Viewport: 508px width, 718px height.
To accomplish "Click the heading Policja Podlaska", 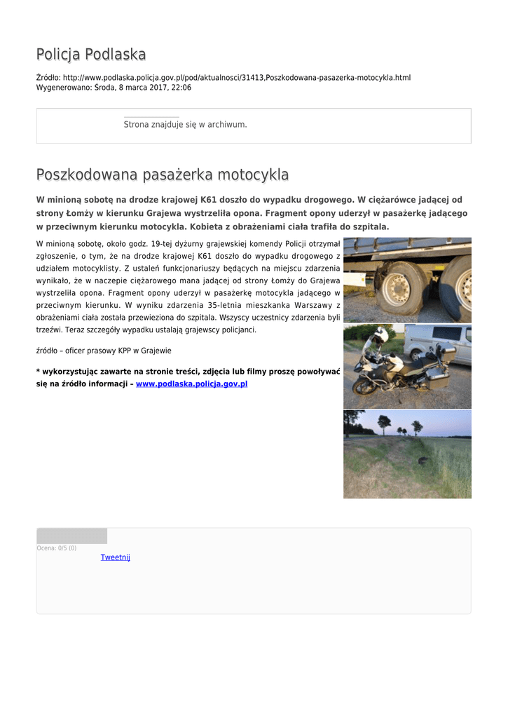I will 91,55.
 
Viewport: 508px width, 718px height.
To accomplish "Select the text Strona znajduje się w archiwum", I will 185,125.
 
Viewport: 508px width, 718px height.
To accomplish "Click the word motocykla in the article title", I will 253,175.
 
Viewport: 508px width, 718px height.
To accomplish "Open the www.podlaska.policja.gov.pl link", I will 191,384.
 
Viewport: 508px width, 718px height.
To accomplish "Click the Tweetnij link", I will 115,557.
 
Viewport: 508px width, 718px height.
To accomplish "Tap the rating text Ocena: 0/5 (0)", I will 57,548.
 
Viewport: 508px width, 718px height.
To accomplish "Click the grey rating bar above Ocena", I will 71,536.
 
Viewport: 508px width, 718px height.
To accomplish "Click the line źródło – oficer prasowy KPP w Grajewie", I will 104,351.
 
